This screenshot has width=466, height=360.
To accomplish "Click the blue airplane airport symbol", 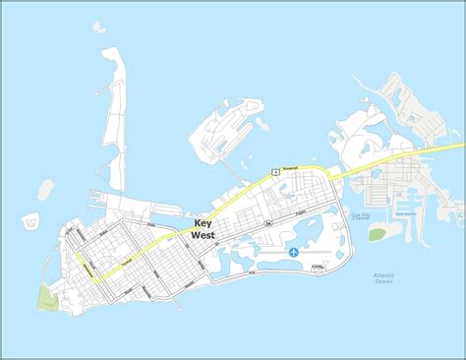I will coord(293,253).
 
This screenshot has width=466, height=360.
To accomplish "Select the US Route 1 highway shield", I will coord(276,171).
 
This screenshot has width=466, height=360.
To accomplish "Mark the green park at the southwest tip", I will coord(46,294).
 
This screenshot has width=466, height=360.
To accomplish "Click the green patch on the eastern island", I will coord(378,234).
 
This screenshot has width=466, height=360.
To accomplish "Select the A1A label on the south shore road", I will coord(252,270).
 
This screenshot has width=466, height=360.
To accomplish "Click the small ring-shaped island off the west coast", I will coord(31,222).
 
